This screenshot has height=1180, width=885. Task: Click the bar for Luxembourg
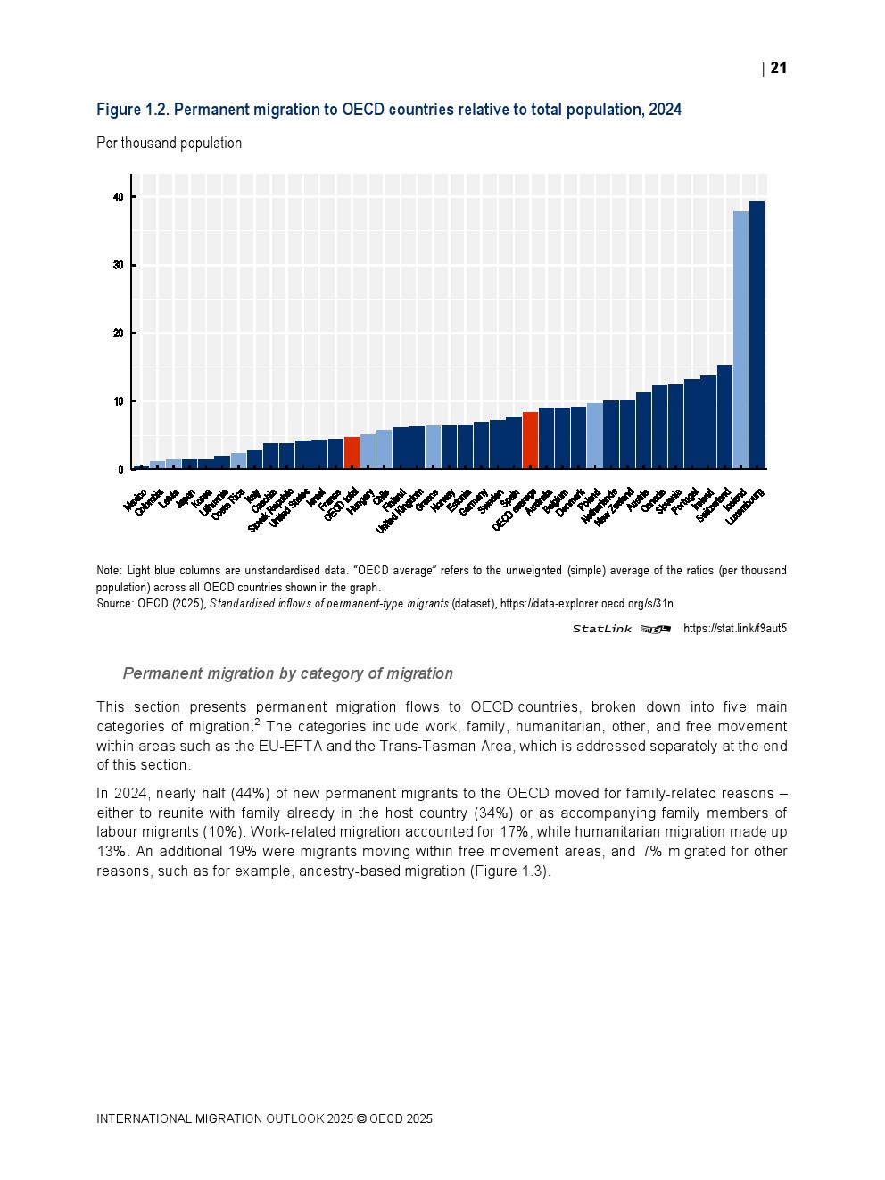pos(757,334)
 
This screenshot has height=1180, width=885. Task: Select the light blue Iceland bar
pos(740,340)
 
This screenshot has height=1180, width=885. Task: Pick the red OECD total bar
pos(352,453)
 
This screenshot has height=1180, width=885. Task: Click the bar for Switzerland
pos(724,417)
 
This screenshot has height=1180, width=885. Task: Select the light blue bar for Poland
pos(594,436)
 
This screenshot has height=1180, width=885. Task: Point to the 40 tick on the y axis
pos(119,197)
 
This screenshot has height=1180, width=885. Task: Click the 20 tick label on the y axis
pos(119,334)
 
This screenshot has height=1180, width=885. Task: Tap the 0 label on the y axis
pos(121,470)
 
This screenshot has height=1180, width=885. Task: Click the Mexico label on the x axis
pos(136,500)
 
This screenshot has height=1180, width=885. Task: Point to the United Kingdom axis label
pos(400,511)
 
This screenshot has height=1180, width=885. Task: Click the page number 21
pos(778,69)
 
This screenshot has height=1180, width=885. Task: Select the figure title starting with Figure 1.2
pos(389,110)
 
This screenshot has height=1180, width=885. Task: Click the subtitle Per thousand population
pos(169,144)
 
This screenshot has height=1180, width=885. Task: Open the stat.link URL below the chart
pos(734,629)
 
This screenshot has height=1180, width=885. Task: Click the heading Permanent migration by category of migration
pos(287,674)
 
